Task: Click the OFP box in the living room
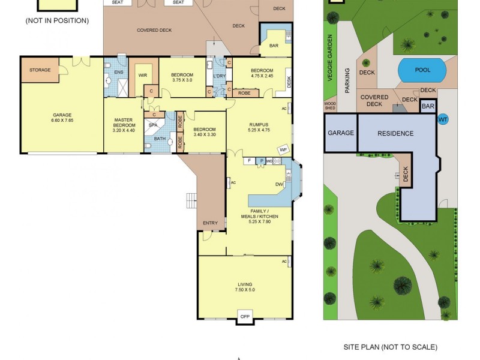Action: (x=244, y=316)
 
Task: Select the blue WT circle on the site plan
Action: (x=443, y=119)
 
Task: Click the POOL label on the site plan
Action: (x=422, y=70)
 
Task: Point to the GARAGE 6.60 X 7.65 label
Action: (x=62, y=118)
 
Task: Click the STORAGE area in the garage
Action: (x=40, y=70)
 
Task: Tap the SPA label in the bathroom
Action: (x=152, y=125)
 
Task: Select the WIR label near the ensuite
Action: (x=143, y=75)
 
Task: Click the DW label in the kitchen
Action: (x=279, y=184)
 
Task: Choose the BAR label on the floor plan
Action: (x=274, y=46)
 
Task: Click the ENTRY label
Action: (x=210, y=223)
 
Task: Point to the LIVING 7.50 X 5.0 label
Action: (x=244, y=287)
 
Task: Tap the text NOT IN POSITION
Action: (x=57, y=20)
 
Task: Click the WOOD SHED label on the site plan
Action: (x=330, y=106)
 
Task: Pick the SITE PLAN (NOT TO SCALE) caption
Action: (x=390, y=347)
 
